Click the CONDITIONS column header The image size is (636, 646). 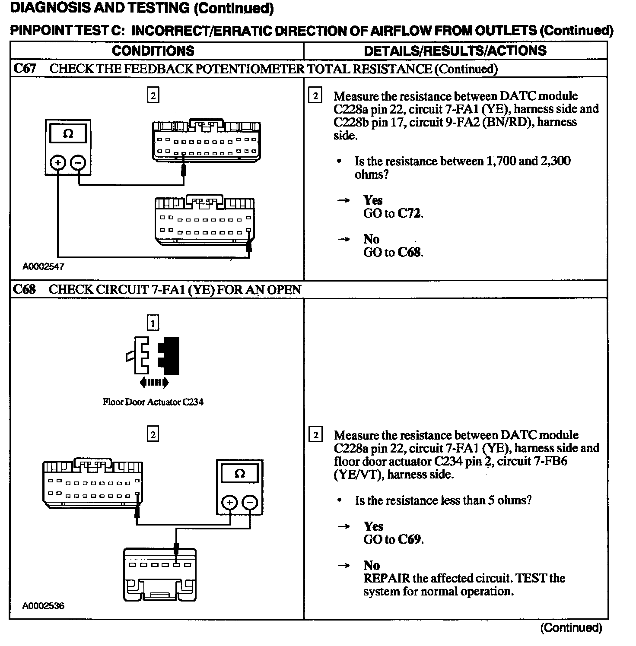coord(153,51)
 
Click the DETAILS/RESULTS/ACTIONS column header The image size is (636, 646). coord(455,51)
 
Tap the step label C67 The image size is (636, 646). coord(25,69)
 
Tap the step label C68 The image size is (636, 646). coord(25,289)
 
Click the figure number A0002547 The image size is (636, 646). coord(43,267)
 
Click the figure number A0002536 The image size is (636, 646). coord(43,606)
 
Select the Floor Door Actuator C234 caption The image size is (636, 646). coord(153,402)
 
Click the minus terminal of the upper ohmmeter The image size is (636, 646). coord(78,163)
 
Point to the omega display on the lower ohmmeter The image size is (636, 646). coord(240,474)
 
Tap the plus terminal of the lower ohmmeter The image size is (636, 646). coord(230,503)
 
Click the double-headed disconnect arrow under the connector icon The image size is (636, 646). coord(154,382)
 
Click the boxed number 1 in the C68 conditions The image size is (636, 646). coord(153,323)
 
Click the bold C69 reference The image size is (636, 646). coord(410,539)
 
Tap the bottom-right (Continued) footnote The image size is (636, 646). coord(571,627)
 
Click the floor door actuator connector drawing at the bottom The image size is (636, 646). coord(160,574)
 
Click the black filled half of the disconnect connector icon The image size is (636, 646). coord(169,355)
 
